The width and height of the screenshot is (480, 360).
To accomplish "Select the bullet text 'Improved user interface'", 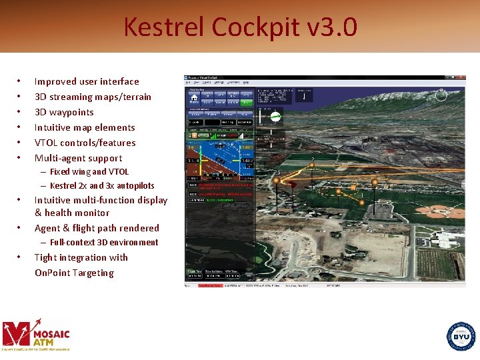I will point(87,81).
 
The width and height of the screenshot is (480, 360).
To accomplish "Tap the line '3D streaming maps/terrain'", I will point(93,97).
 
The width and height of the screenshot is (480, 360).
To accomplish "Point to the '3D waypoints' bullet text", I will point(64,112).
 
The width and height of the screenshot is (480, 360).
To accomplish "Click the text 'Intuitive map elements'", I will point(85,127).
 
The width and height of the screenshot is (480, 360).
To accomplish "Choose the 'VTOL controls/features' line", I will point(85,143).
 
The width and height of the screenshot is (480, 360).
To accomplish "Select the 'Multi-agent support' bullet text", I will point(78,158).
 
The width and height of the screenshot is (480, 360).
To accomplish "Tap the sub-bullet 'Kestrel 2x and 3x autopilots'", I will point(101,186).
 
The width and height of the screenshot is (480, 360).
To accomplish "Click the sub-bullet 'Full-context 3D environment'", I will point(103,243).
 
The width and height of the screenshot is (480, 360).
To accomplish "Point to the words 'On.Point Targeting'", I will point(74,273).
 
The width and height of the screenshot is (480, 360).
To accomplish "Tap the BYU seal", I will point(461,335).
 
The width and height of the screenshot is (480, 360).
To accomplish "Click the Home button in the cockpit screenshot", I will point(193,99).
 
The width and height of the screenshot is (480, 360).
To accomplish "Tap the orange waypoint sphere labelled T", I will point(375,181).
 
